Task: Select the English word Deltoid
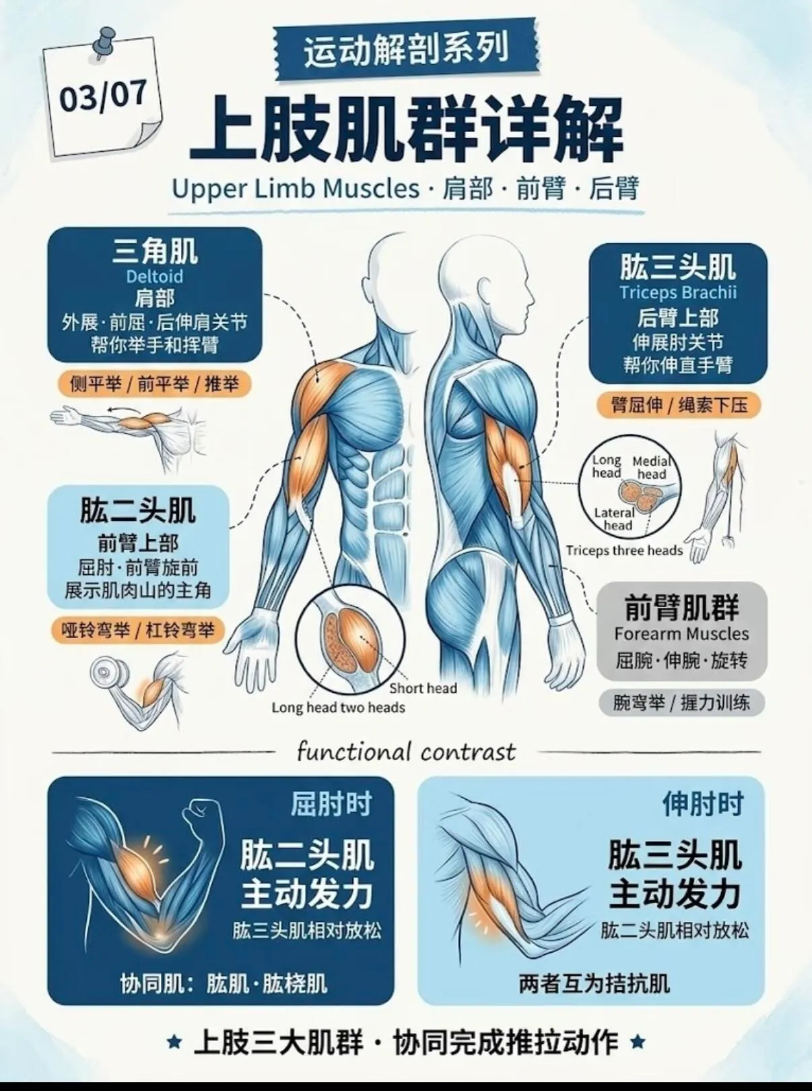(x=155, y=276)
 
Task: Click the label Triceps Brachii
(x=678, y=292)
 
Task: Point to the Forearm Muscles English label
(x=681, y=633)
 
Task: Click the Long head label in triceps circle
(x=607, y=466)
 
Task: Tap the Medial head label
(x=651, y=468)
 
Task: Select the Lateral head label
(x=615, y=519)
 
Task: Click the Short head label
(x=424, y=688)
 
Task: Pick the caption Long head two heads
(x=338, y=708)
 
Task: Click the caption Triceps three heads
(x=624, y=550)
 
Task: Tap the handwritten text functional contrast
(x=406, y=752)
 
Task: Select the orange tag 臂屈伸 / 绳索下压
(x=679, y=405)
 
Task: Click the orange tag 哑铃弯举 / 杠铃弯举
(x=138, y=630)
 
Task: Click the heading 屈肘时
(x=331, y=804)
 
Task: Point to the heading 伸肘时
(x=702, y=804)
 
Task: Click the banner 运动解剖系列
(x=405, y=50)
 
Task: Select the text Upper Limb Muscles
(x=296, y=189)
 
